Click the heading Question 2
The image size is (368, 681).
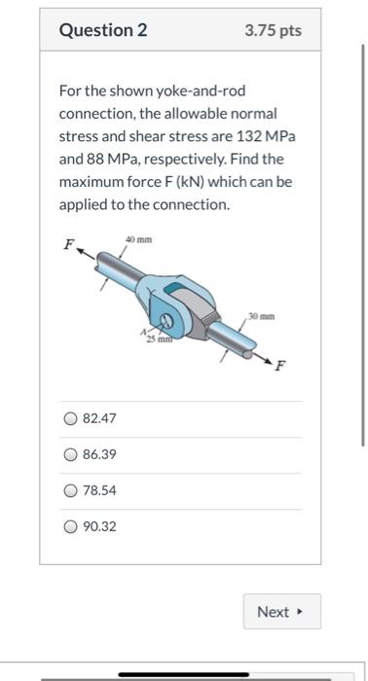(103, 30)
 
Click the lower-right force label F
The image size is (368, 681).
(282, 367)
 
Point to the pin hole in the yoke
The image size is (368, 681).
(167, 321)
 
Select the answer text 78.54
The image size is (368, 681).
(101, 490)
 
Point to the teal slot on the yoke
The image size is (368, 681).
(172, 289)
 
